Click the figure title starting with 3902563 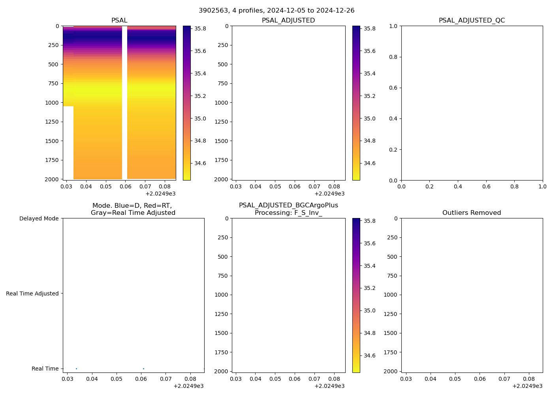(276, 11)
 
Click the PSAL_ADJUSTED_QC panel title (472, 21)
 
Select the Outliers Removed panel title (472, 213)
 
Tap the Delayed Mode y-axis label (39, 218)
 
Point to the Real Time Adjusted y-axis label (32, 293)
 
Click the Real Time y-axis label (45, 369)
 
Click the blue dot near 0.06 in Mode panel (143, 369)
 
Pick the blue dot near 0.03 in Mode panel (76, 369)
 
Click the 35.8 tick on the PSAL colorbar (200, 28)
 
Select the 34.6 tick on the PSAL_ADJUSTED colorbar (369, 163)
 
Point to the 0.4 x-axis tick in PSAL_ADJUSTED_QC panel (458, 186)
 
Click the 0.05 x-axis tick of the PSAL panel (106, 186)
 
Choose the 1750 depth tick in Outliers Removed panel (391, 352)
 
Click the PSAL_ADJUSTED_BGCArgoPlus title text (288, 205)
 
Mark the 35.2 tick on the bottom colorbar (369, 288)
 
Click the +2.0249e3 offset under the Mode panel (188, 386)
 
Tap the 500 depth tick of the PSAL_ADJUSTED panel (221, 64)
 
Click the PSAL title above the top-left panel (119, 21)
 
